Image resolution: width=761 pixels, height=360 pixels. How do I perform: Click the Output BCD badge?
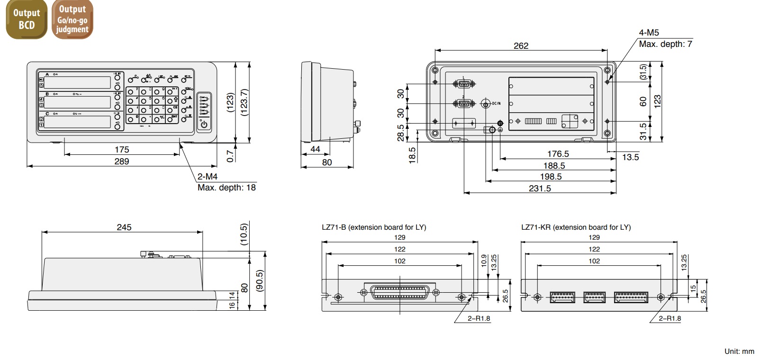pyautogui.click(x=26, y=19)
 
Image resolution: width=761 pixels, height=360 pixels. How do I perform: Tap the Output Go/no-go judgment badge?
pyautogui.click(x=72, y=19)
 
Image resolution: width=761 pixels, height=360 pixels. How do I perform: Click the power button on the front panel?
pyautogui.click(x=204, y=125)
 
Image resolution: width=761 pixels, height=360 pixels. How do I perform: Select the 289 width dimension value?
pyautogui.click(x=122, y=162)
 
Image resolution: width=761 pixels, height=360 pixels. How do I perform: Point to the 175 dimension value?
pyautogui.click(x=122, y=150)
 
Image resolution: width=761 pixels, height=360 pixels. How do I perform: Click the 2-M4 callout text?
pyautogui.click(x=208, y=177)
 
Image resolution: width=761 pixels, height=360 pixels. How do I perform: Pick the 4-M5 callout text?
pyautogui.click(x=649, y=33)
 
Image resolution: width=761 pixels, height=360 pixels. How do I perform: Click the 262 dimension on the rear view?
pyautogui.click(x=521, y=46)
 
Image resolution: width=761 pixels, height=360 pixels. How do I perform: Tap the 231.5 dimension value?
pyautogui.click(x=540, y=189)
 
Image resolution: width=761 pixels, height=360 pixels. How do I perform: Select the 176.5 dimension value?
pyautogui.click(x=558, y=154)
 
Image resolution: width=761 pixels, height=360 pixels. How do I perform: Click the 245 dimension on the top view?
pyautogui.click(x=124, y=227)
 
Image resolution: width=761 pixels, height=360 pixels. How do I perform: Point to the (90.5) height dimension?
pyautogui.click(x=259, y=281)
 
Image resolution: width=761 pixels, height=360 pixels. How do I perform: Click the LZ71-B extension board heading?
pyautogui.click(x=374, y=227)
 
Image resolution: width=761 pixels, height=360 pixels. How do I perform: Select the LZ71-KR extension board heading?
pyautogui.click(x=576, y=227)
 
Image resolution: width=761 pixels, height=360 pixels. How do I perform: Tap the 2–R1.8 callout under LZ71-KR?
pyautogui.click(x=670, y=318)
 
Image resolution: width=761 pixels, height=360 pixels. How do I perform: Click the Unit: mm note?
pyautogui.click(x=739, y=351)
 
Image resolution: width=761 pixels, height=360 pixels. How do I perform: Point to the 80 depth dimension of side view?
pyautogui.click(x=327, y=162)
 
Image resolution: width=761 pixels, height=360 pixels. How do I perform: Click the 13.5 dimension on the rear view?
pyautogui.click(x=630, y=157)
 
